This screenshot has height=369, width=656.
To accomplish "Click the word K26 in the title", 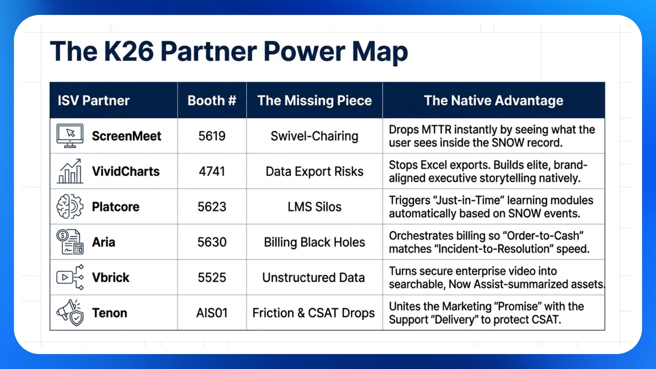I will [129, 51].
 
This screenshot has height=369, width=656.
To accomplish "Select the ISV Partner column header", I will [94, 100].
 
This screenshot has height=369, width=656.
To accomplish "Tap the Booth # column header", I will [212, 100].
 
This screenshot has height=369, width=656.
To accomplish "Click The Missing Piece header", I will [314, 100].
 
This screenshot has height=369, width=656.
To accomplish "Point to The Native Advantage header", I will [493, 100].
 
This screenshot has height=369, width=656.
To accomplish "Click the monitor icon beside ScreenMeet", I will [70, 136].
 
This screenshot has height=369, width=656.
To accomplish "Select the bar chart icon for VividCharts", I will [70, 171].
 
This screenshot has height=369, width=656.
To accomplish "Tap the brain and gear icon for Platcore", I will [70, 206].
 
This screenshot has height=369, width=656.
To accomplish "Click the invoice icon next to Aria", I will [70, 242].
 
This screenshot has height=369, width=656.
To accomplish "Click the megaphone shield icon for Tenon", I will [70, 313].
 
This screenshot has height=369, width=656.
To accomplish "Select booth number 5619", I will [212, 136].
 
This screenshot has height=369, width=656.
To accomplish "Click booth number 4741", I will [212, 171].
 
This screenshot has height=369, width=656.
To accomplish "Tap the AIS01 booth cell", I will [212, 313].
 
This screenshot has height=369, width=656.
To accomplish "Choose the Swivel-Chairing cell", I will [314, 136].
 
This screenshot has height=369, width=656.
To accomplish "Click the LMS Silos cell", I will [314, 207].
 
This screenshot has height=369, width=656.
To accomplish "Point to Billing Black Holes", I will [314, 242].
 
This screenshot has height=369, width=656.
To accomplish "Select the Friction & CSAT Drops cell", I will [313, 313].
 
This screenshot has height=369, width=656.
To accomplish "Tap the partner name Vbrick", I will [111, 277].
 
